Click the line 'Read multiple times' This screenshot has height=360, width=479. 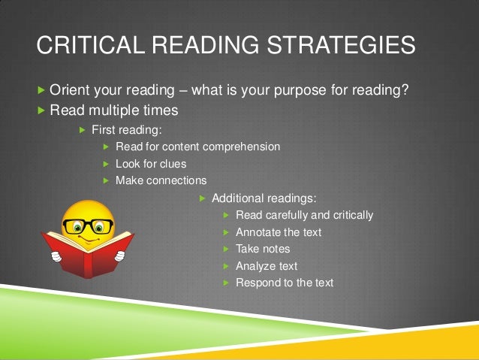[113, 110]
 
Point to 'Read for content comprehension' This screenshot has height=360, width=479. [197, 147]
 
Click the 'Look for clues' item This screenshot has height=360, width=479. [151, 163]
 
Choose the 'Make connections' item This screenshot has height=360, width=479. [161, 180]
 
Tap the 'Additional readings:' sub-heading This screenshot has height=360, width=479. [264, 198]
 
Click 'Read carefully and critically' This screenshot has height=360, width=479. [304, 215]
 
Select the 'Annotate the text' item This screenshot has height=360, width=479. [278, 232]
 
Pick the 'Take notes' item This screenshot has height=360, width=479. [263, 249]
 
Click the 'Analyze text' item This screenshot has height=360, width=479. [267, 266]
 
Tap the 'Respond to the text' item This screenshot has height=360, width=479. [285, 283]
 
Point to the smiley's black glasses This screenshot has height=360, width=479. [89, 225]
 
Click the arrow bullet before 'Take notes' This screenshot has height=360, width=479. [227, 249]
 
